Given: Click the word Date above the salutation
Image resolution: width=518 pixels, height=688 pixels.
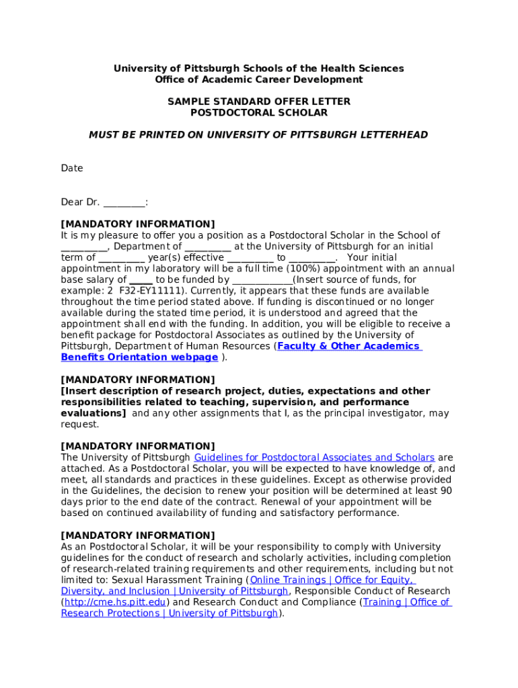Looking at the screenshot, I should tap(72, 169).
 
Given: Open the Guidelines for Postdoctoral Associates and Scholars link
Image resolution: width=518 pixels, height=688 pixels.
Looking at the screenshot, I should tap(314, 458).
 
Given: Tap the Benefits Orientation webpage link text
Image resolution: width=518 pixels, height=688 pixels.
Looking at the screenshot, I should tap(139, 357).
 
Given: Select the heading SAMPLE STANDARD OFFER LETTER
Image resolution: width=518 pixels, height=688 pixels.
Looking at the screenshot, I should tap(258, 101).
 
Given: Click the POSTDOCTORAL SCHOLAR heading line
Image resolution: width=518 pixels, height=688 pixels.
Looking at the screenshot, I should tap(258, 113).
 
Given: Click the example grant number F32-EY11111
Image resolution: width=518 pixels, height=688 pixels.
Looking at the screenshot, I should tap(149, 291).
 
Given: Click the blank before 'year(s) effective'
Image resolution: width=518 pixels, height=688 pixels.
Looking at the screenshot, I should tap(122, 258).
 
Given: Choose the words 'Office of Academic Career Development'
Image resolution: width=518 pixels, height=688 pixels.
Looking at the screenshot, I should tap(258, 79).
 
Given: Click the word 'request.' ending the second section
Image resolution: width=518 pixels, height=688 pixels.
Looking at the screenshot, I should tap(79, 425).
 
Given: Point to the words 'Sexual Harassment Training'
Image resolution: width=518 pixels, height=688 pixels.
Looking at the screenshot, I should tap(178, 580).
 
